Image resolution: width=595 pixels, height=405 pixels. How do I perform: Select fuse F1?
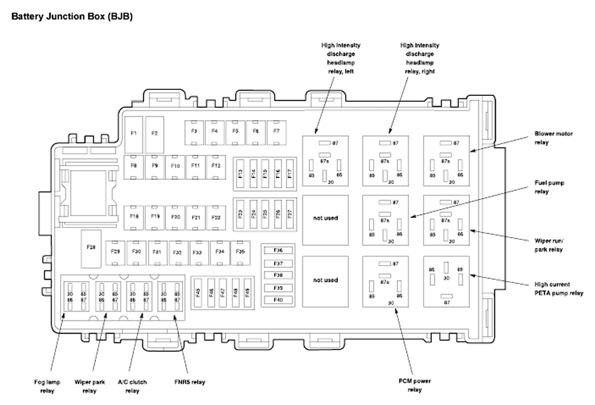[134, 133]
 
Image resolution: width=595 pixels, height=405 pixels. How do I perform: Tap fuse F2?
[155, 133]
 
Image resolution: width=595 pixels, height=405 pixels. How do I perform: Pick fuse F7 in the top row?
[276, 131]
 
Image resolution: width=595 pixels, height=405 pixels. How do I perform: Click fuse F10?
[175, 166]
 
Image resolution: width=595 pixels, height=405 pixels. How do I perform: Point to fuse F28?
[91, 247]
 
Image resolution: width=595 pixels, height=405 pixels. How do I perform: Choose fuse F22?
[216, 217]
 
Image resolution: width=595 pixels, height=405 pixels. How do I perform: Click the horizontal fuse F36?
[278, 251]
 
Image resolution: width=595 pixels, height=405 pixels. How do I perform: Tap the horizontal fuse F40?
[278, 300]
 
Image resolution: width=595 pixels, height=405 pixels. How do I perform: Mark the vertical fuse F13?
[240, 174]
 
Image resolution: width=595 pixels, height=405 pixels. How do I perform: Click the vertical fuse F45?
[198, 292]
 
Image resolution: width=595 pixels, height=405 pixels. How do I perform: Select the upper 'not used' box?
[325, 218]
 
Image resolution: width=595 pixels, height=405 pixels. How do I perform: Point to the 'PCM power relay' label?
[415, 386]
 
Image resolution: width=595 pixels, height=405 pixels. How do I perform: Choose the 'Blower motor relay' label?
[553, 138]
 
